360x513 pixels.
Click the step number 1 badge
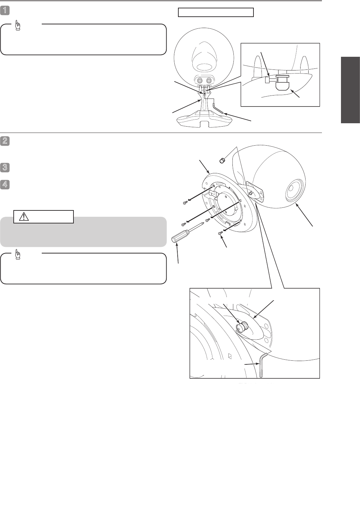click(x=5, y=11)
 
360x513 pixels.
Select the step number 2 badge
click(x=5, y=141)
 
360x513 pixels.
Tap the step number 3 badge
click(x=5, y=167)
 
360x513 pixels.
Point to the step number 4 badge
click(x=5, y=185)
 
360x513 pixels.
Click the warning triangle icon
click(x=24, y=216)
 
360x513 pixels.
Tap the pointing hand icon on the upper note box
click(x=18, y=25)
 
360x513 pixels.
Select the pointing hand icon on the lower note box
click(x=18, y=254)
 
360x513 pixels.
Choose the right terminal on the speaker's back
click(x=209, y=81)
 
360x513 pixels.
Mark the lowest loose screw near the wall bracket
click(x=220, y=233)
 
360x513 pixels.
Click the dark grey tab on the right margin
click(x=350, y=90)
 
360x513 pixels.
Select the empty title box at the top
click(x=216, y=12)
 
